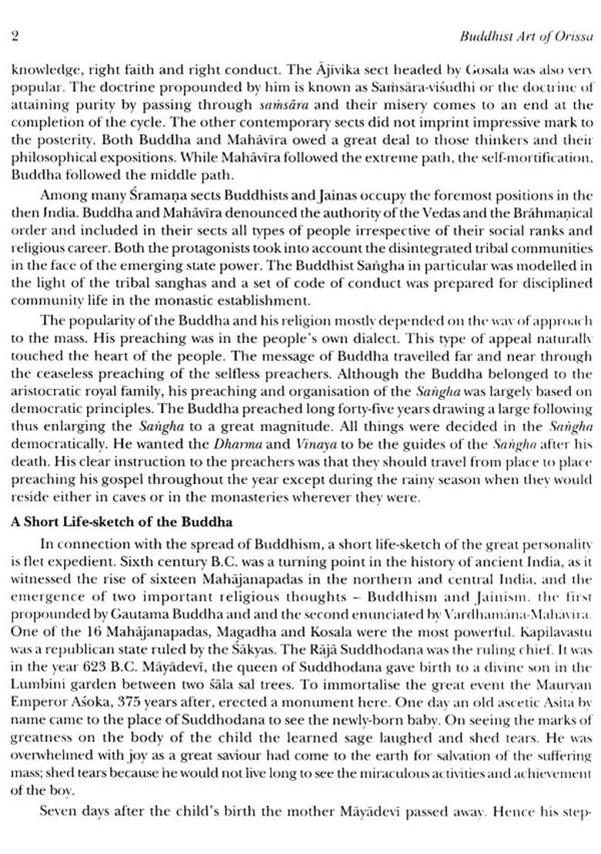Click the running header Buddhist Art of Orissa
(523, 35)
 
